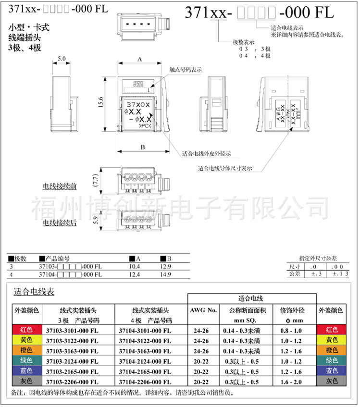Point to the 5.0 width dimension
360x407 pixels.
(x=62, y=58)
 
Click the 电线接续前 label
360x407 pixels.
(x=60, y=185)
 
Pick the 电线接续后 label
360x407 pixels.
(x=60, y=222)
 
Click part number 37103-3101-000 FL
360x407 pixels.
(x=72, y=330)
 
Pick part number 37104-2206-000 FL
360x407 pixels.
(x=145, y=381)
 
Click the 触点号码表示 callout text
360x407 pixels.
(x=186, y=70)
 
